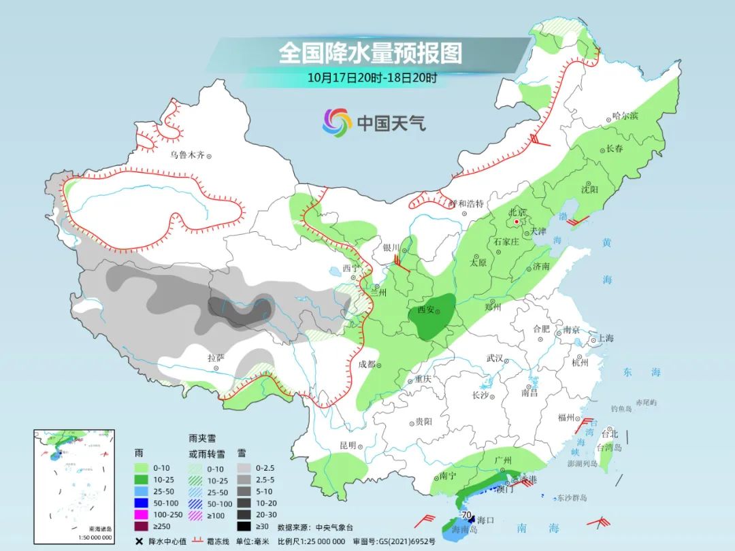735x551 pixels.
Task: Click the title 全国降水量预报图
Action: coord(370,53)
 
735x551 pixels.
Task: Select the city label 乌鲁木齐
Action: coord(187,155)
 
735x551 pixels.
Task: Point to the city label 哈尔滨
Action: coord(625,116)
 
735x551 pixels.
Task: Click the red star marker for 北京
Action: coord(517,222)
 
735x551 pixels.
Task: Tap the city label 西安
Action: coord(425,310)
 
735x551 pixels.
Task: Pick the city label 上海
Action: coord(605,338)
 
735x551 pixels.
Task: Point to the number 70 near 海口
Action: coord(466,515)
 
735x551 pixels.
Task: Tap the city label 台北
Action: coord(609,433)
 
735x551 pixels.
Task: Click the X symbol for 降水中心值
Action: coord(140,541)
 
